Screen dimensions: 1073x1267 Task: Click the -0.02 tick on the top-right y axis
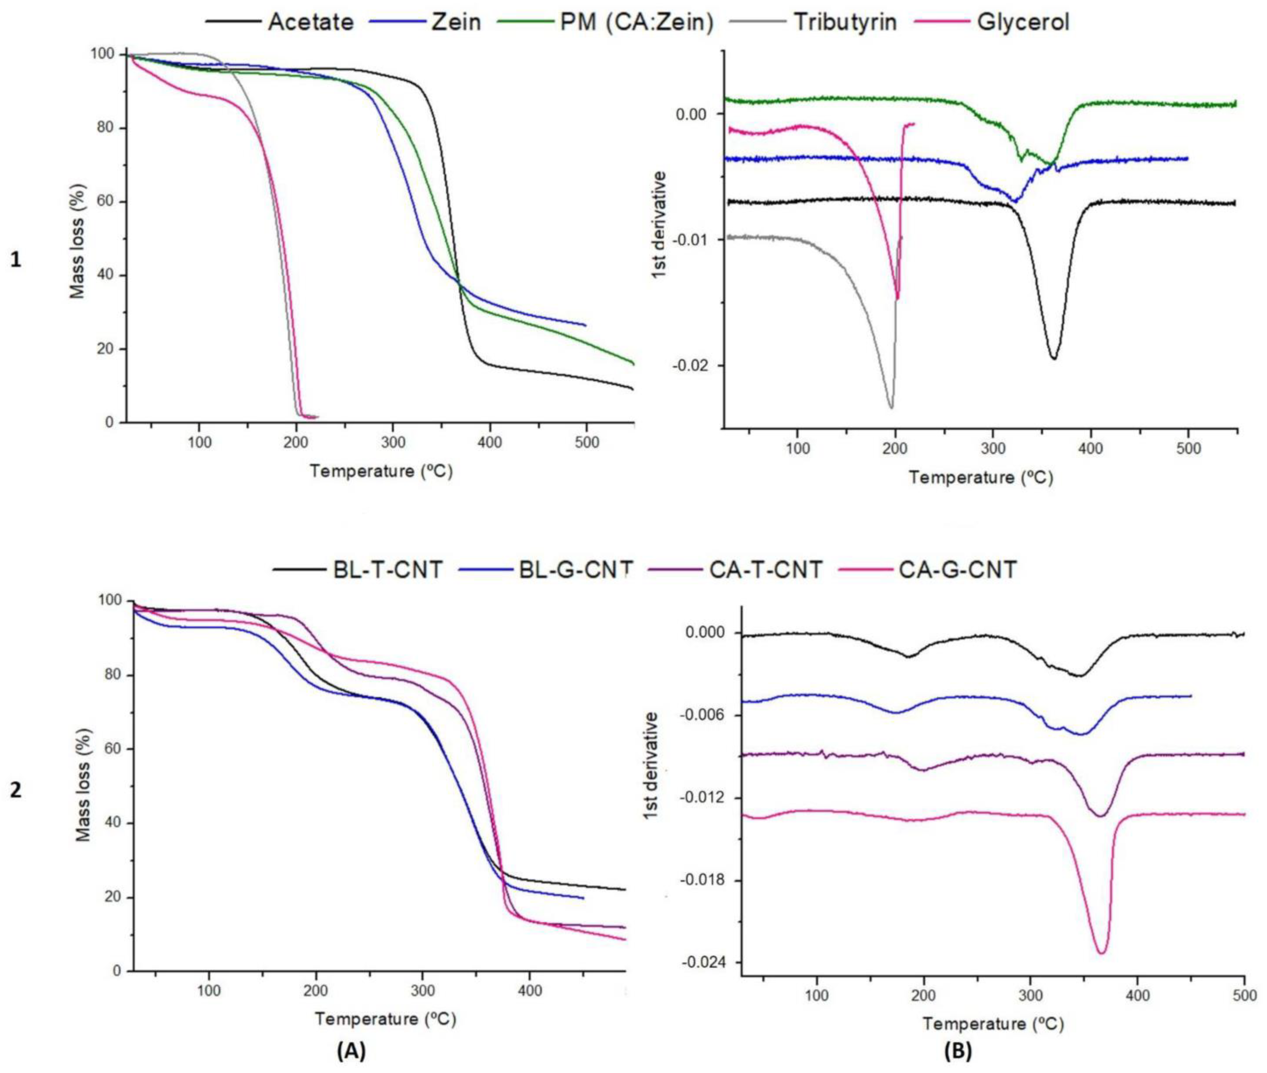click(691, 365)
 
